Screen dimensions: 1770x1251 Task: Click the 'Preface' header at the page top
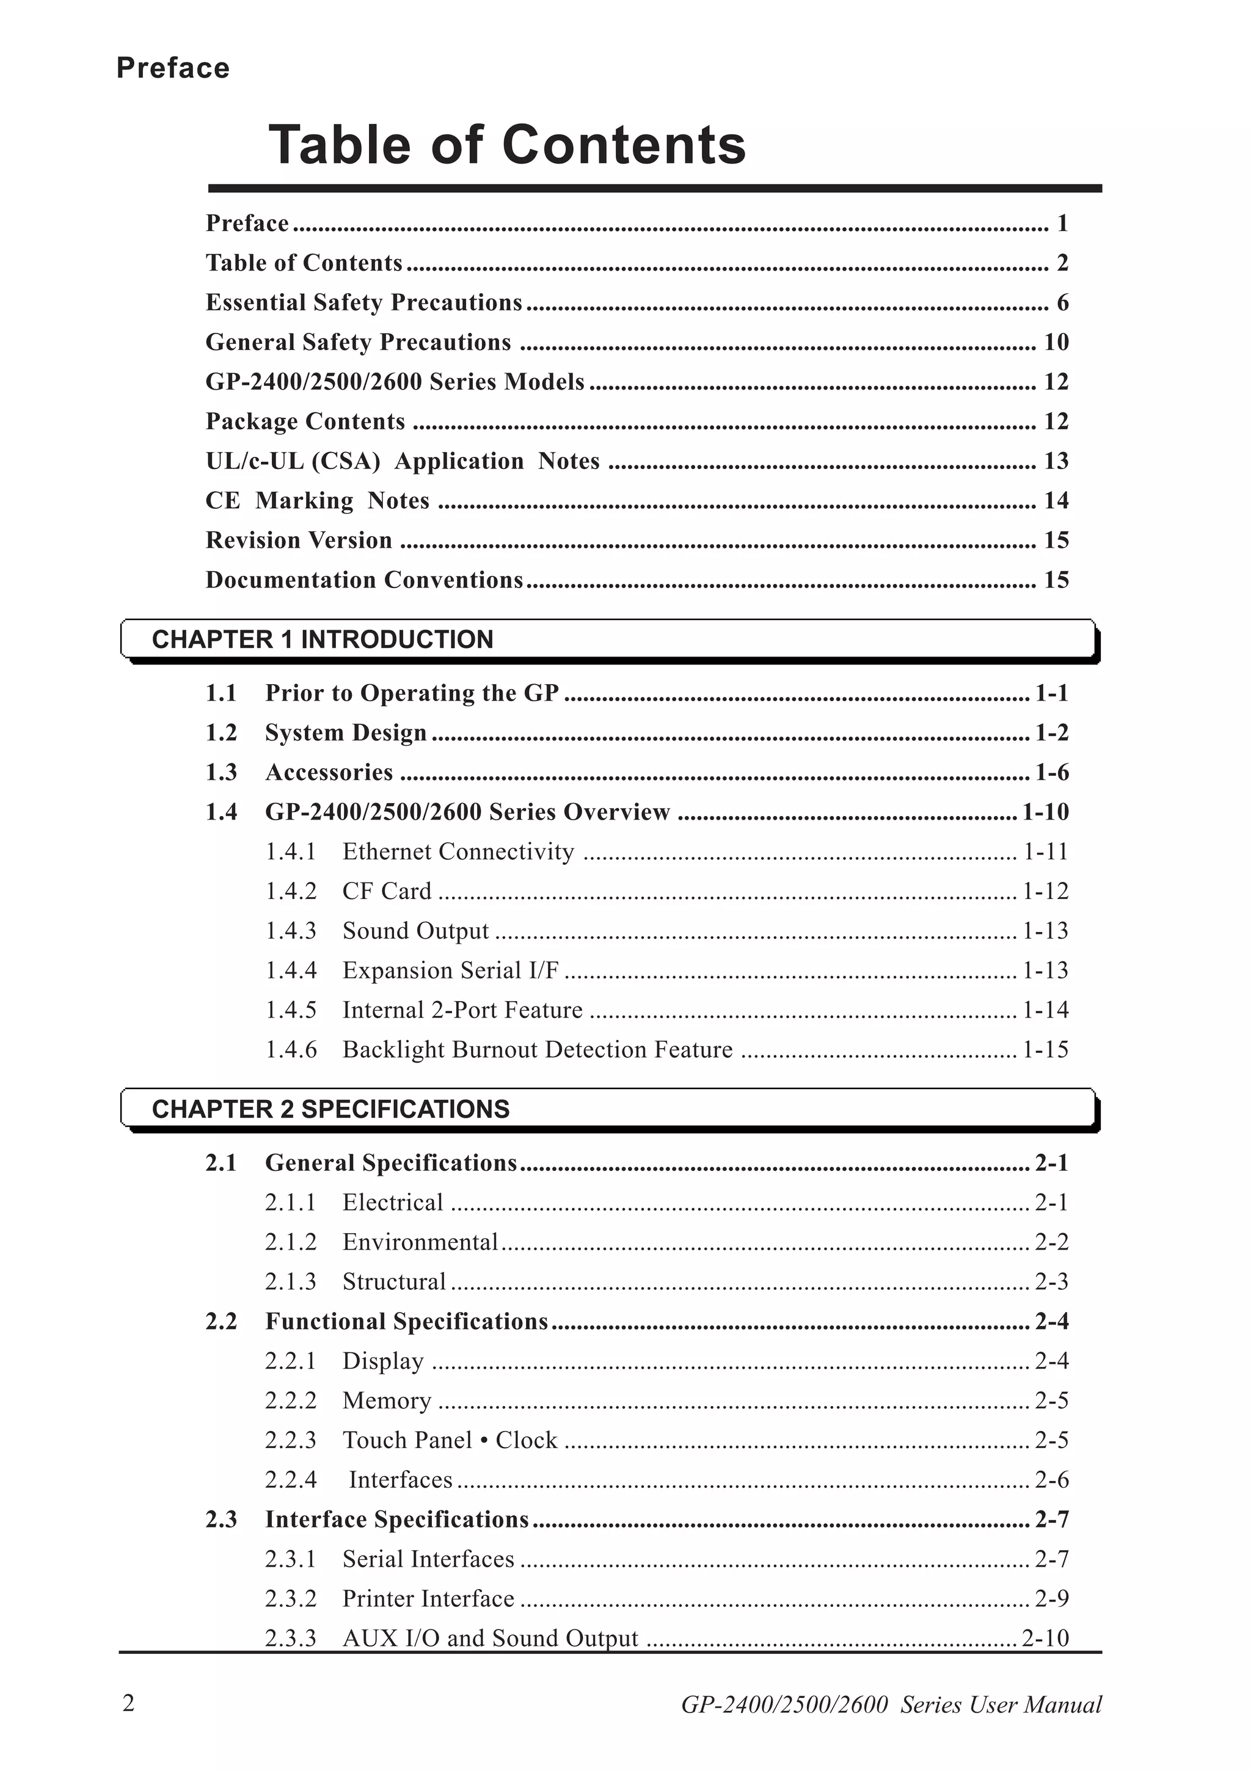[x=173, y=68]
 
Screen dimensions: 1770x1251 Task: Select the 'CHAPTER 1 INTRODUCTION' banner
[x=322, y=639]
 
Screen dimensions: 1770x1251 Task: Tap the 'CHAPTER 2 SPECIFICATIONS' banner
[x=330, y=1109]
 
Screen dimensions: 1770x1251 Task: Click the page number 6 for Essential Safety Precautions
[x=1062, y=302]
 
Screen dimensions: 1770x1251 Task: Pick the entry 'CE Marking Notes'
[x=317, y=500]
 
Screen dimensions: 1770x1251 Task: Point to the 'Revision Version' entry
[x=299, y=540]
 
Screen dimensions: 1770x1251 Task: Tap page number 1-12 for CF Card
[x=1045, y=891]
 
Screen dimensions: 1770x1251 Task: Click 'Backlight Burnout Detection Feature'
[x=538, y=1049]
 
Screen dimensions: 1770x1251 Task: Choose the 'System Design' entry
[x=345, y=732]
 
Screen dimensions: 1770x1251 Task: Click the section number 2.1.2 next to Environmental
[x=291, y=1242]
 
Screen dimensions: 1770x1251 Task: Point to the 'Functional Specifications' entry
[x=406, y=1321]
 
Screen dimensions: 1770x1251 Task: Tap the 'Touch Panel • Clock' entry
[x=450, y=1440]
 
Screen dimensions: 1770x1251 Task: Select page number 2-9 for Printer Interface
[x=1051, y=1598]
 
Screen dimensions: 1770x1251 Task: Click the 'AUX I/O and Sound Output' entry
[x=491, y=1637]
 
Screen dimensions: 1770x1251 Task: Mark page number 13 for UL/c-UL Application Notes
[x=1056, y=461]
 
